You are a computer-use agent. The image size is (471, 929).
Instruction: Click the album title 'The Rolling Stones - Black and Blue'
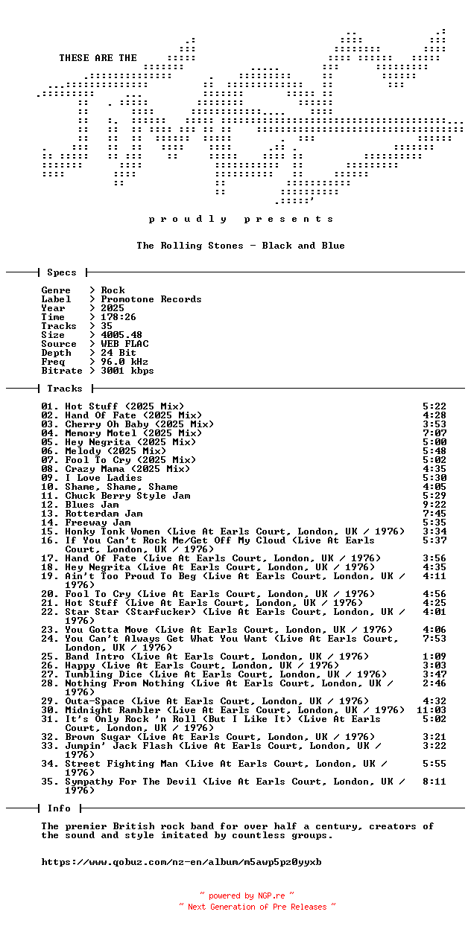tap(240, 246)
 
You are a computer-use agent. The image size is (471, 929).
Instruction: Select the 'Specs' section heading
tap(61, 272)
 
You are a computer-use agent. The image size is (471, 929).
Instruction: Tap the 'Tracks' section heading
tap(64, 389)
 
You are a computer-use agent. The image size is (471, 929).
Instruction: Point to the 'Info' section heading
tap(59, 808)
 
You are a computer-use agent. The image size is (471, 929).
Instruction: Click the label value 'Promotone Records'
tap(151, 299)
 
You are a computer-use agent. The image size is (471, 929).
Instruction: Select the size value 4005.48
tap(121, 335)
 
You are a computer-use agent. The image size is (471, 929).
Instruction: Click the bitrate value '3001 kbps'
tap(127, 371)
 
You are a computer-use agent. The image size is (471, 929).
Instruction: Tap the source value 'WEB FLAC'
tap(124, 344)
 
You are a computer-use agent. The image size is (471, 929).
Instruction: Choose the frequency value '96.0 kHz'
tap(124, 362)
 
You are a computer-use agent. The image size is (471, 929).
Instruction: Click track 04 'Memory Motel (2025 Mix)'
tap(133, 433)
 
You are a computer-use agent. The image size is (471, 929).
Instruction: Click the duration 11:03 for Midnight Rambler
tap(432, 710)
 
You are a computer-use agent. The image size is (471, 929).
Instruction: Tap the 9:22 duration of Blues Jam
tap(434, 505)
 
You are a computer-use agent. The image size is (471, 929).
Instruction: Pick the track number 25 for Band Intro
tap(50, 657)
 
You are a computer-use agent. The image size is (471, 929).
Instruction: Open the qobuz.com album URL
tap(181, 862)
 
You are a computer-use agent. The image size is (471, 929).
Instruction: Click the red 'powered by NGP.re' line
tap(247, 896)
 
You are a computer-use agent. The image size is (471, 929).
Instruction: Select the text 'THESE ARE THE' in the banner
tap(98, 58)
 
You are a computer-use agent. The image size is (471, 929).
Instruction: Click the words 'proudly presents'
tap(241, 219)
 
